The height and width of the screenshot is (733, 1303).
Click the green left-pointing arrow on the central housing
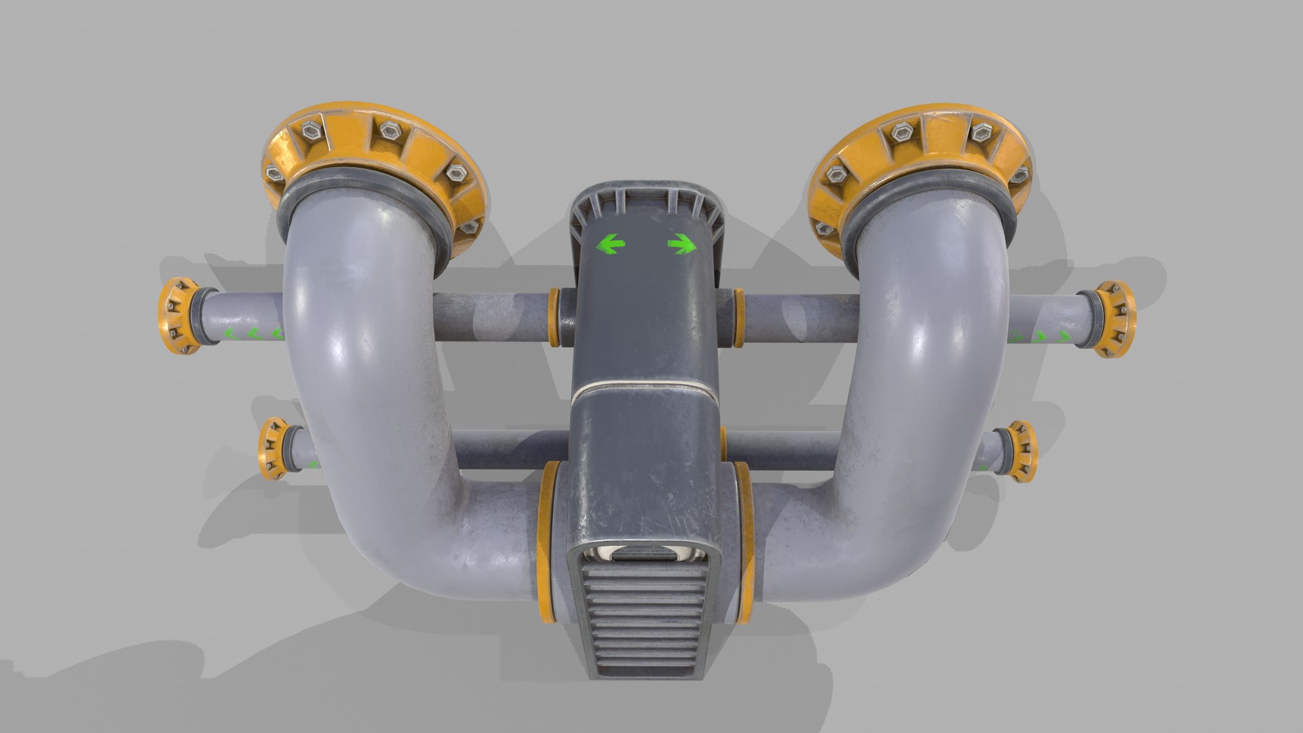coord(609,243)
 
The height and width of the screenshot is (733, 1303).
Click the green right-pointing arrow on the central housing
coord(681,244)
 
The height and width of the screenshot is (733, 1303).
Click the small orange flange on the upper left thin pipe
coord(178,316)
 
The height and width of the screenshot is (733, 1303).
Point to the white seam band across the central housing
coord(644,392)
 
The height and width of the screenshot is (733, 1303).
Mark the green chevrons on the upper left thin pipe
coord(253,333)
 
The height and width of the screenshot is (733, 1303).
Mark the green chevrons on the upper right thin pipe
coord(1038,335)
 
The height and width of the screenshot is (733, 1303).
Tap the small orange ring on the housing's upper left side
coord(553,317)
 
